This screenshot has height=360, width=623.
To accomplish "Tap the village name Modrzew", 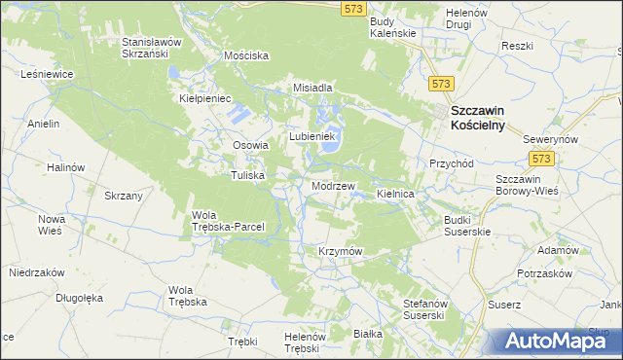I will [332, 185].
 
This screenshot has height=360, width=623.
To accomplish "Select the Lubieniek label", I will [311, 137].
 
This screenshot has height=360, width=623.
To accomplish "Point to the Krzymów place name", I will [340, 251].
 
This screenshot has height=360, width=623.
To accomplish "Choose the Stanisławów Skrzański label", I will [159, 49].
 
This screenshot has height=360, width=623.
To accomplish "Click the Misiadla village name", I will [313, 88].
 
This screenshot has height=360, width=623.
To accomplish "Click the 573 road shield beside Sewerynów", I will [541, 158].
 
